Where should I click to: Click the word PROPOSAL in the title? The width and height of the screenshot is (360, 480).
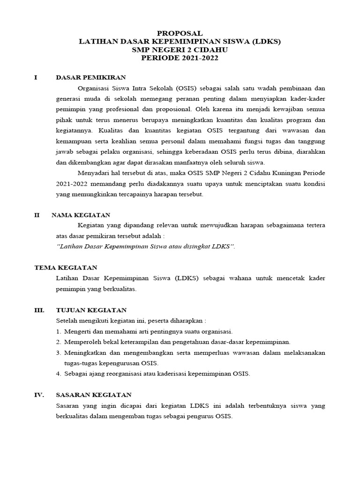[x=180, y=33]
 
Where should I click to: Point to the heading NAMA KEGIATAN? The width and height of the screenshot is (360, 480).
[x=81, y=215]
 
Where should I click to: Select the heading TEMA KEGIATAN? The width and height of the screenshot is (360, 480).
[x=66, y=267]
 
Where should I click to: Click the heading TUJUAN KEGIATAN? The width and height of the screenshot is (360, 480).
[x=91, y=310]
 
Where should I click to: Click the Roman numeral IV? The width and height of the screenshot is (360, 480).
[x=39, y=395]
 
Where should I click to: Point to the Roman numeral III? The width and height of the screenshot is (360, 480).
[x=39, y=310]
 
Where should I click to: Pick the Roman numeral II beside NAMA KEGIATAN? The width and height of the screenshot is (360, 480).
[x=37, y=215]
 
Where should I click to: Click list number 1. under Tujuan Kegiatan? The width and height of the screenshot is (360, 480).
[x=59, y=331]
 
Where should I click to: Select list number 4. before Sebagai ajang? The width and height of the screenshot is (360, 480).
[x=59, y=374]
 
